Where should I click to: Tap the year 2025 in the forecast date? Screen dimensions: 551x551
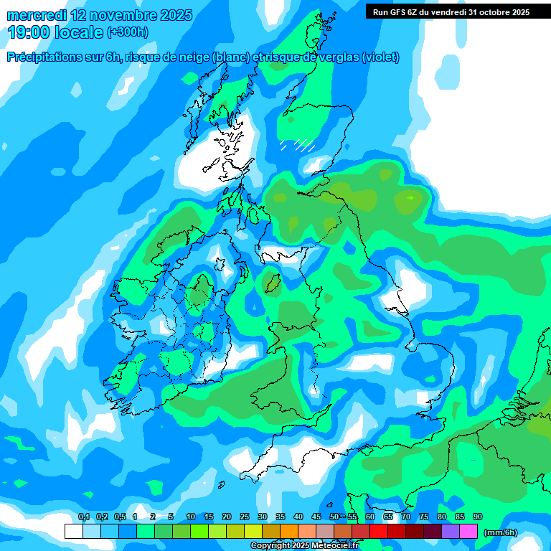click(171, 15)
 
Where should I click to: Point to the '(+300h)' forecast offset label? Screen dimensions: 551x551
click(128, 32)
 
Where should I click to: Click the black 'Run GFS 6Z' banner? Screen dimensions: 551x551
click(449, 11)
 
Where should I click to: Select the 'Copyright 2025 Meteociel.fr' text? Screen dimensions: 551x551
click(304, 546)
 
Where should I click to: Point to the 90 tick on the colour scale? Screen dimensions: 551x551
click(478, 517)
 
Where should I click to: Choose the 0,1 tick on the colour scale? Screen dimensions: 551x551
click(83, 517)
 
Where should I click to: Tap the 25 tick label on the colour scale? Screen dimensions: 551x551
click(245, 517)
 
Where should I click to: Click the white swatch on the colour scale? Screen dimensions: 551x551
click(74, 531)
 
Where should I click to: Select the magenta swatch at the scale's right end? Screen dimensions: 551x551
click(468, 531)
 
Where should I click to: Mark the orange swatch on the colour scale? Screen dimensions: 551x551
click(289, 531)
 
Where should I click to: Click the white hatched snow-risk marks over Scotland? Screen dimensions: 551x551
click(298, 145)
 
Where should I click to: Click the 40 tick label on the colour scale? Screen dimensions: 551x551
click(298, 517)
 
